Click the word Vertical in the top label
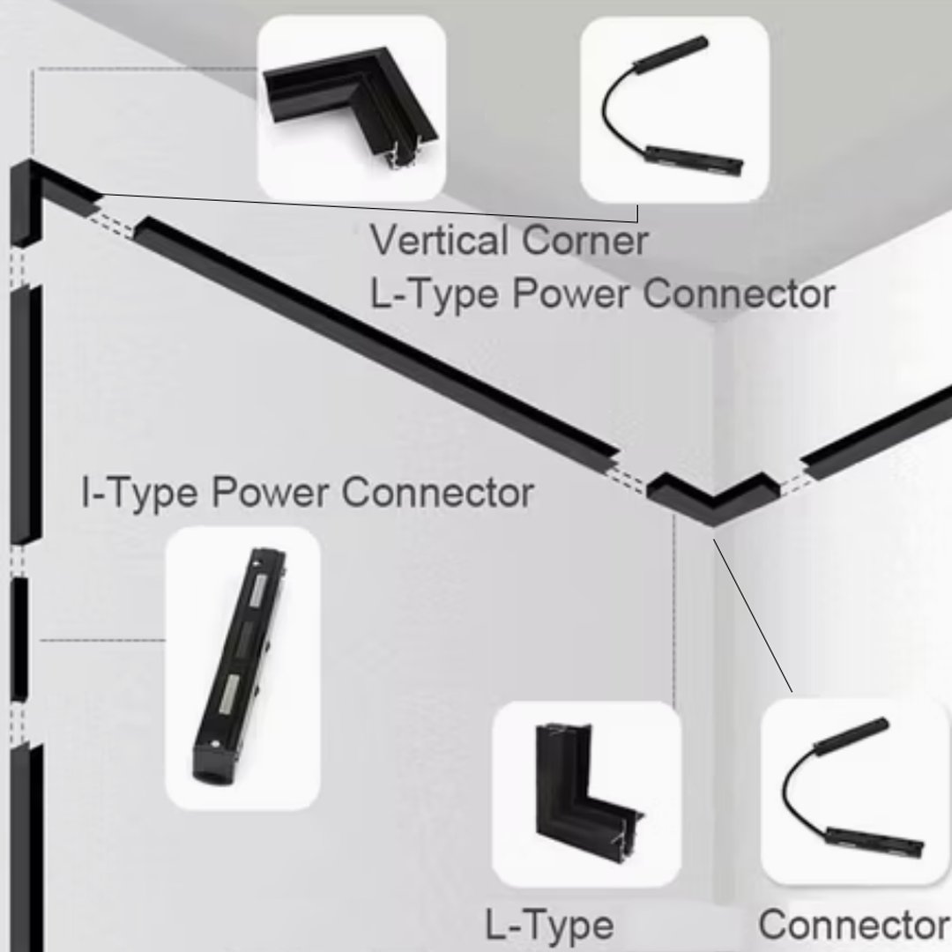pyautogui.click(x=440, y=241)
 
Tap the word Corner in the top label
pyautogui.click(x=585, y=241)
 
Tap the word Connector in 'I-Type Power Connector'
pyautogui.click(x=437, y=493)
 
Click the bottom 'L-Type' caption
pyautogui.click(x=549, y=926)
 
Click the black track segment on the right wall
pyautogui.click(x=876, y=431)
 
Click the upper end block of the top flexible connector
pyautogui.click(x=671, y=55)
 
